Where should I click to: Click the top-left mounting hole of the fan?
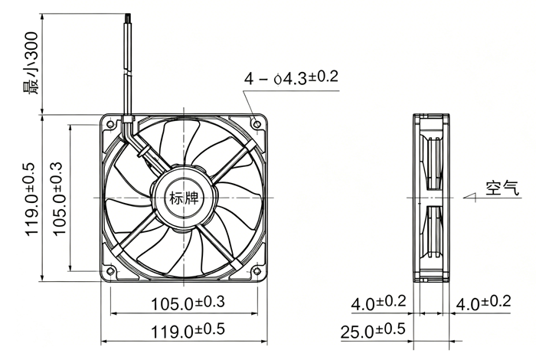[110, 124]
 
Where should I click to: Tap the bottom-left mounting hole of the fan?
[110, 271]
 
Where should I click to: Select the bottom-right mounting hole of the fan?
[257, 271]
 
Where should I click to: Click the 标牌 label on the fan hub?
[184, 198]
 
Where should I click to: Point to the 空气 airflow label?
[502, 188]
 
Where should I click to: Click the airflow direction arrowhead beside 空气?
[469, 197]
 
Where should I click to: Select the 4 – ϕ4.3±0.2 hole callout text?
[291, 77]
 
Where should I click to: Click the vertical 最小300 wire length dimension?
[31, 64]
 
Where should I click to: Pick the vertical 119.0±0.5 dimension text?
[31, 199]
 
